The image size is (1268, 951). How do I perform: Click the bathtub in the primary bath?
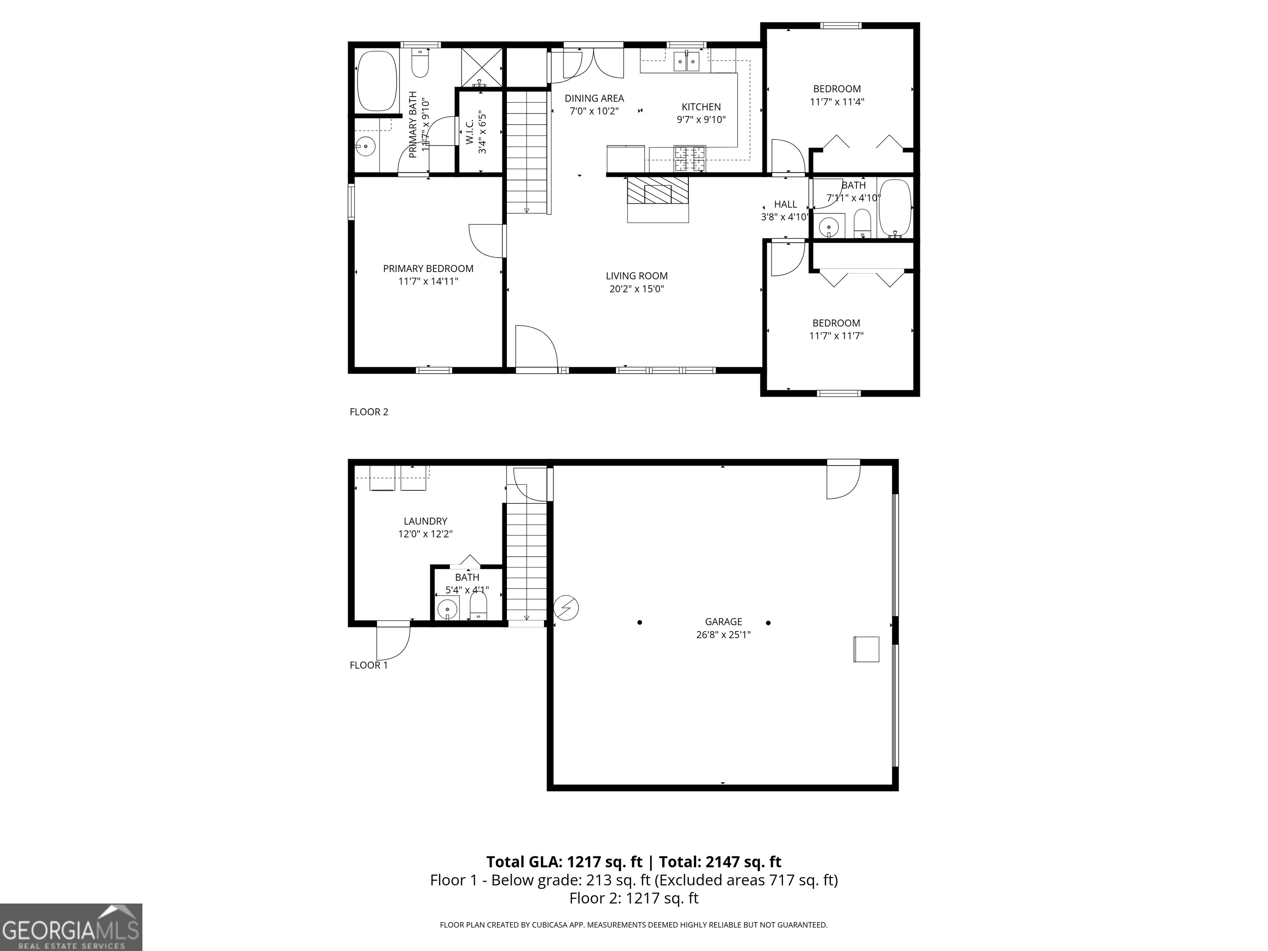(376, 81)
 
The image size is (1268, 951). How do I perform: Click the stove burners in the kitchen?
(690, 159)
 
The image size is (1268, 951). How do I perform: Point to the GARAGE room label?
(724, 621)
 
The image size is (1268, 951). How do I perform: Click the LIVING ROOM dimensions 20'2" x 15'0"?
(636, 289)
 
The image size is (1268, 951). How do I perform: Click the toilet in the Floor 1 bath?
(478, 606)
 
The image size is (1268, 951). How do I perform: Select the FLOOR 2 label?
(369, 412)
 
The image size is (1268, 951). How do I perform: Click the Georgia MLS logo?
(71, 927)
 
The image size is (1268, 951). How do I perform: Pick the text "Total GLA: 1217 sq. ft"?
(564, 861)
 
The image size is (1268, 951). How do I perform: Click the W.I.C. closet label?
(469, 132)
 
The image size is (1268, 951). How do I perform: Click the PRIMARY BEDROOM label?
(428, 268)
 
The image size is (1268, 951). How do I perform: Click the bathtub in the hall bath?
(895, 209)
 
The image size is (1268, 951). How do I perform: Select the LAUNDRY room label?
(425, 521)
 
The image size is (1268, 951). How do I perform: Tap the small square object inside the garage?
(866, 649)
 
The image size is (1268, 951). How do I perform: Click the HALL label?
(785, 204)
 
